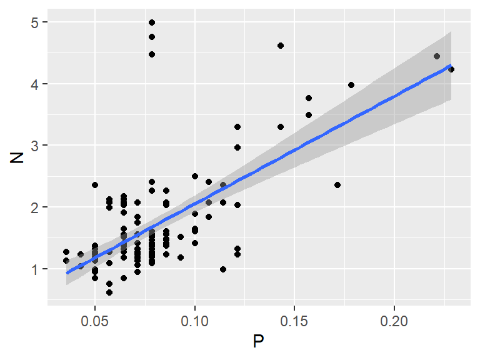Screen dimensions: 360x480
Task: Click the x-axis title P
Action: click(x=258, y=342)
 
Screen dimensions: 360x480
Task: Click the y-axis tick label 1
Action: click(x=36, y=269)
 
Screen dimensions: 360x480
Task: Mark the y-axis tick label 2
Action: click(x=36, y=207)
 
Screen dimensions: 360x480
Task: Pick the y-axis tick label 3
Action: click(x=36, y=146)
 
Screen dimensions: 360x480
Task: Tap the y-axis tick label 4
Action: click(x=36, y=84)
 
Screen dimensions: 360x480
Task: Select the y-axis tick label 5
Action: click(x=36, y=22)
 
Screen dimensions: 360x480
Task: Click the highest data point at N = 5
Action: click(x=152, y=22)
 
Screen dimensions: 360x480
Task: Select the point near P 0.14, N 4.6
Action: click(x=281, y=46)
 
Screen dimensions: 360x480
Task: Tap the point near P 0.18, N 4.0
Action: click(x=351, y=85)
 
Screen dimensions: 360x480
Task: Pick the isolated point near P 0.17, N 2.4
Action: click(x=337, y=185)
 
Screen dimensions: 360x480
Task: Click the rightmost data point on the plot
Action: click(x=451, y=69)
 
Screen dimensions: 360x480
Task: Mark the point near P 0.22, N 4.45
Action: click(x=437, y=56)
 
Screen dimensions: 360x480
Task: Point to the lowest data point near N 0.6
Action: click(x=109, y=292)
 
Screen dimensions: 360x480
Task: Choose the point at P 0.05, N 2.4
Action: click(x=95, y=185)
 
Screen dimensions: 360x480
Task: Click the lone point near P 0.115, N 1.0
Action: click(x=223, y=269)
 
